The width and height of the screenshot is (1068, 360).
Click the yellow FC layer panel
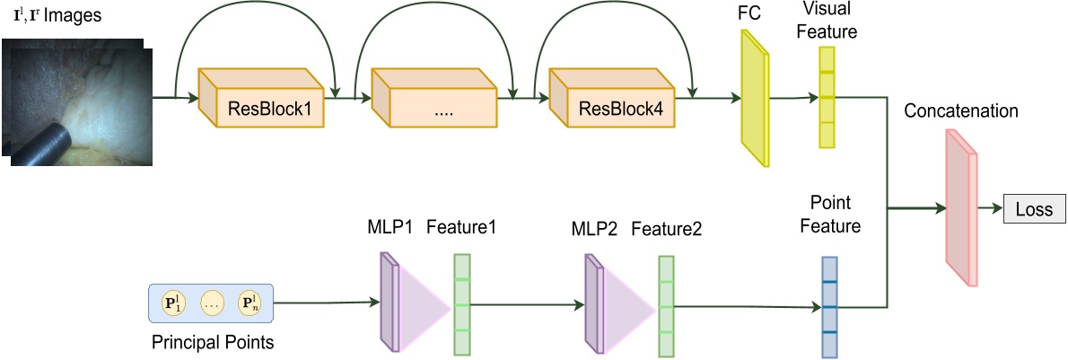[x=754, y=99]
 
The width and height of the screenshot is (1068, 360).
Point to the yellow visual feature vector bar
[x=827, y=97]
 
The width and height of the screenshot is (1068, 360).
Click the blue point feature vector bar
[x=829, y=307]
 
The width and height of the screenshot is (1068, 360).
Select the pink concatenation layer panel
[x=959, y=207]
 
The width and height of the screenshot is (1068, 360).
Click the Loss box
[x=1034, y=210]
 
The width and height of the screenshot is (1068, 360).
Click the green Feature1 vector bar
[x=461, y=304]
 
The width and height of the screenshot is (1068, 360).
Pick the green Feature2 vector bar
[x=666, y=305]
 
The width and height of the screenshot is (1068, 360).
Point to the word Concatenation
[x=961, y=112]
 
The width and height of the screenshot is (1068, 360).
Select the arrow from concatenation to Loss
[x=990, y=210]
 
